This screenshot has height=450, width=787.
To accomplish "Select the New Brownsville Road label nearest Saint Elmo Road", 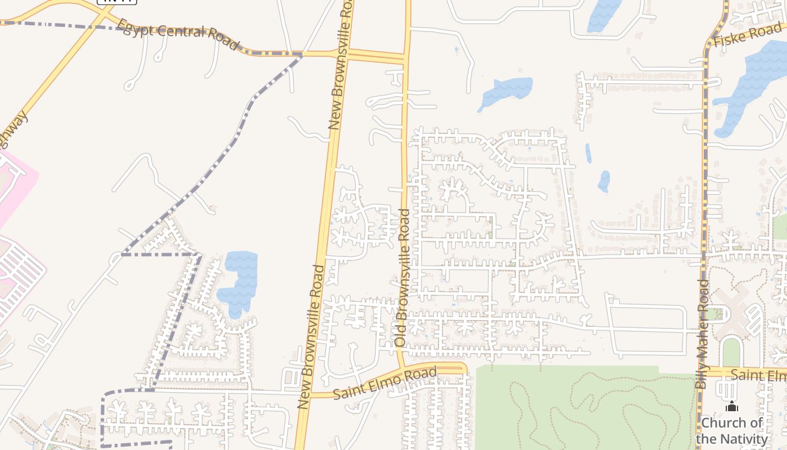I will point(310,336).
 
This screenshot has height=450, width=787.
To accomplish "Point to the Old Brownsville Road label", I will point(402,277).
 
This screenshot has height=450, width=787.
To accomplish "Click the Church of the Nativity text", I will point(731,430).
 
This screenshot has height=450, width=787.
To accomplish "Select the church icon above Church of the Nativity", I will point(731,406).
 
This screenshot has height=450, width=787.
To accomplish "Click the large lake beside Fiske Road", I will point(750,84).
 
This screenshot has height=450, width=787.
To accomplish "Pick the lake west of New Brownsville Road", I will point(239,281).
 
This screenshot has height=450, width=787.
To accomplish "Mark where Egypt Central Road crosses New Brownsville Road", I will point(347,55).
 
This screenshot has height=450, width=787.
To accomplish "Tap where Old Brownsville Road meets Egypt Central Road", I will point(406,57).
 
